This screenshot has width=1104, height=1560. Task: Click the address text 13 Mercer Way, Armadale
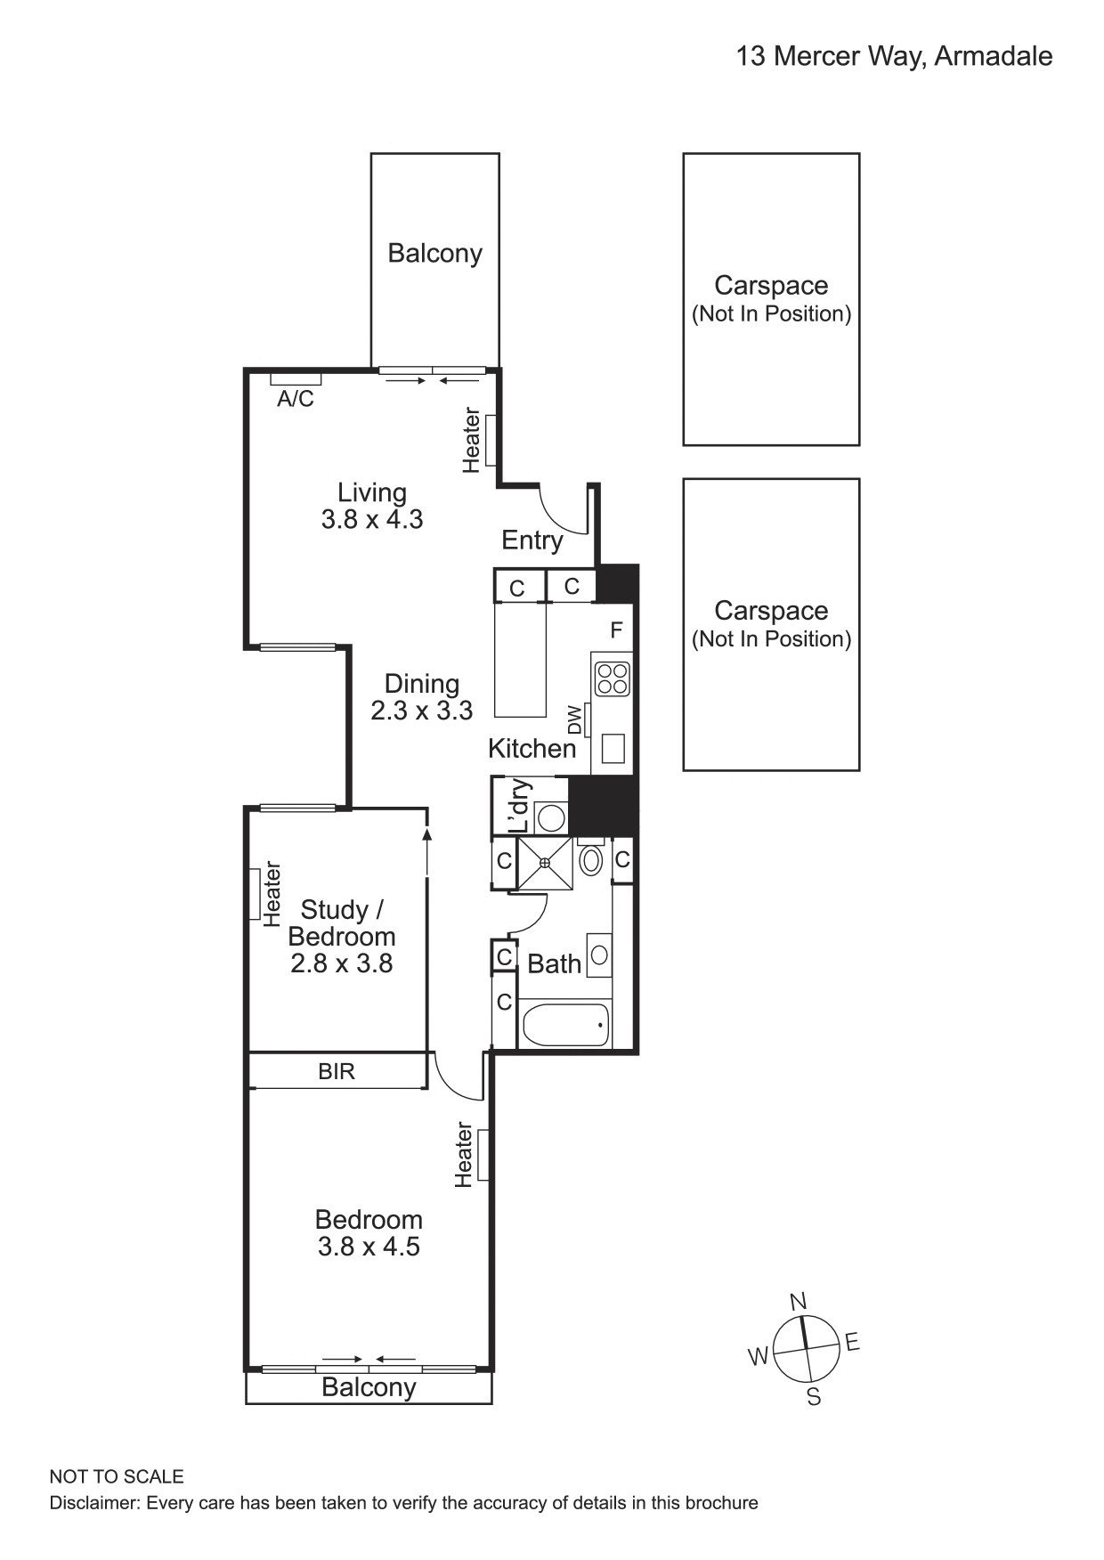[894, 57]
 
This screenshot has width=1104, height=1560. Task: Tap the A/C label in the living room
[295, 399]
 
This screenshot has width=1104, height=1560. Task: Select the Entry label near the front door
[532, 540]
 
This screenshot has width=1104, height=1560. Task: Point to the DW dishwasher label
[575, 719]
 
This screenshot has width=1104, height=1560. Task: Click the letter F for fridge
[616, 630]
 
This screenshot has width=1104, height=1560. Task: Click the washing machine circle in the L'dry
[551, 817]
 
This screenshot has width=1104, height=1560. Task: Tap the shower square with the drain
[545, 862]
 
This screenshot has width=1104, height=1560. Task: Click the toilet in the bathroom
[590, 860]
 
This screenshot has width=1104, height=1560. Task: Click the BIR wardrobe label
[337, 1071]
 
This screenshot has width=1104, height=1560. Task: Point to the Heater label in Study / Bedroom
[271, 893]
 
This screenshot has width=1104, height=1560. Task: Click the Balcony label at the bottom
[369, 1387]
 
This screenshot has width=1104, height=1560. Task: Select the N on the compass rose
[799, 1302]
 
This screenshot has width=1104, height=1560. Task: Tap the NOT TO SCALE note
[117, 1477]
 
